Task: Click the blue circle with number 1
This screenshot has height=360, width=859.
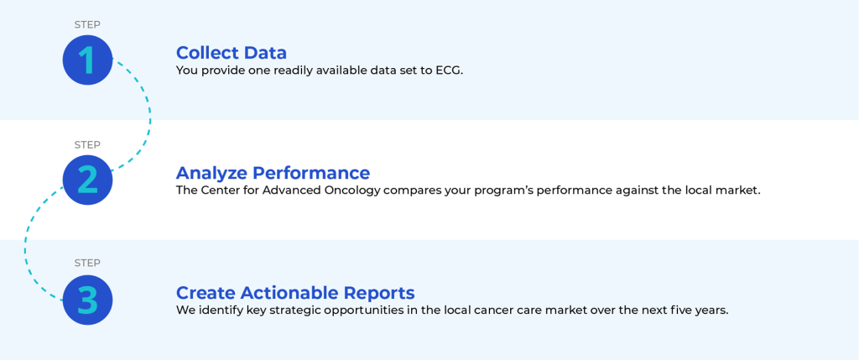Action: pos(87,60)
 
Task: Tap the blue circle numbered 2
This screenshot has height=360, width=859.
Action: pos(87,180)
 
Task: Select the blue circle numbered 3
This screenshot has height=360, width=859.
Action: pos(87,300)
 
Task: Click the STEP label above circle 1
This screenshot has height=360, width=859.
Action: pos(87,24)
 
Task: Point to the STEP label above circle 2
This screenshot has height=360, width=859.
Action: pos(87,144)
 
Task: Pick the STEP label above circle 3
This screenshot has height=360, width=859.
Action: pos(87,263)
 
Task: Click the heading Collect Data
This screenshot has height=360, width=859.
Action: pos(232,53)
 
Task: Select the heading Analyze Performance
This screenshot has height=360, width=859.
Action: pos(273,173)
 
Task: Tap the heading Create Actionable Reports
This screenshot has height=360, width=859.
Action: pos(295,292)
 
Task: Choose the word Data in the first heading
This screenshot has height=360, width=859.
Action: pos(265,53)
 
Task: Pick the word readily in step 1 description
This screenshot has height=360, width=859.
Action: pos(291,71)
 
